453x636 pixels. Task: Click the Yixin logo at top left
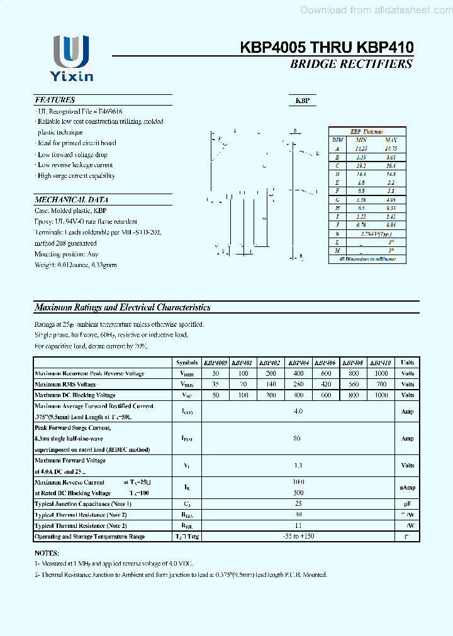pos(71,58)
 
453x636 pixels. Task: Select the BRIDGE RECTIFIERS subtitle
pos(351,63)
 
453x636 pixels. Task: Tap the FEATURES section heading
pos(55,100)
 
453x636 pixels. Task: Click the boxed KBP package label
pos(303,101)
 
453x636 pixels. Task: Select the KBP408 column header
pos(353,363)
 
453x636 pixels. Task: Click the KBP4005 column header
pos(215,363)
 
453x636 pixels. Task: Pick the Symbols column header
pos(187,363)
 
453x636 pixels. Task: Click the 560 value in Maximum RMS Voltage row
pos(353,384)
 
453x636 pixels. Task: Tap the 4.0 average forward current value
pos(298,411)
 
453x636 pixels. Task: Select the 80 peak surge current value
pos(297,438)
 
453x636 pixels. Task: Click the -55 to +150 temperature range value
pos(298,536)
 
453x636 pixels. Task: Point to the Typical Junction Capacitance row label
pos(83,504)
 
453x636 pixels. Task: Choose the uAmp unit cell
pos(407,488)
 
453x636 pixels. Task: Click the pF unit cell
pos(407,504)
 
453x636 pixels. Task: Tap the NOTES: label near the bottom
pos(47,554)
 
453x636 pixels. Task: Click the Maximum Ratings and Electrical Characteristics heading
pos(122,307)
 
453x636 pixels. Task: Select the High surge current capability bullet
pos(75,176)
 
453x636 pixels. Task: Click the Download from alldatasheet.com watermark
pos(376,10)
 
